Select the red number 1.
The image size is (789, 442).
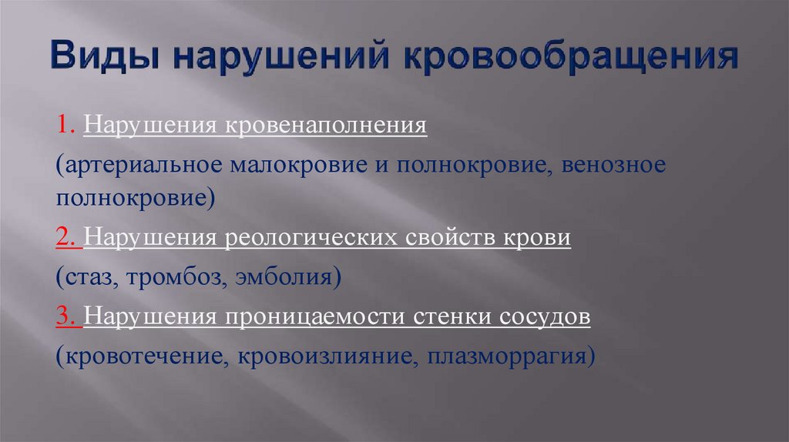tap(62, 125)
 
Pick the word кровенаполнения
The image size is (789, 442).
tap(326, 125)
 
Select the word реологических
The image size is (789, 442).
tap(313, 238)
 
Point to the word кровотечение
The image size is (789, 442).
tap(146, 357)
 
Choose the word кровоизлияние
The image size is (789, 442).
tap(323, 357)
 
